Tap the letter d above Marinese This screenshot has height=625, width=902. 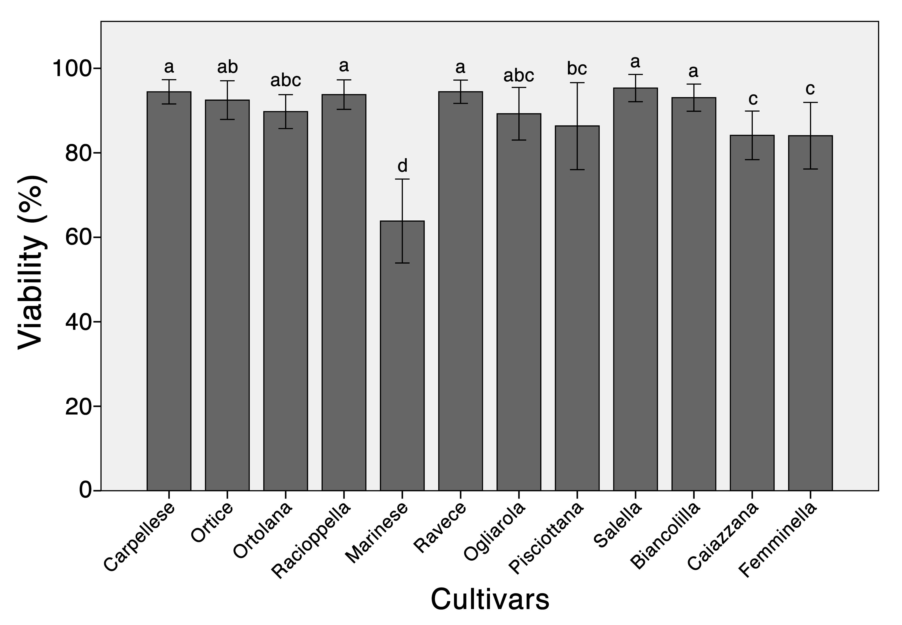[402, 166]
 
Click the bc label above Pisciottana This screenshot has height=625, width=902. [577, 69]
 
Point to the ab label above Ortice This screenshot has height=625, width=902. [227, 67]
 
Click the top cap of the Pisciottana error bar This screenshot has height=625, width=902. [577, 83]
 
